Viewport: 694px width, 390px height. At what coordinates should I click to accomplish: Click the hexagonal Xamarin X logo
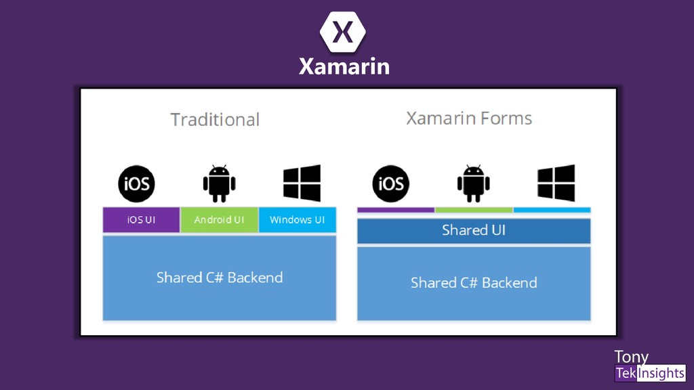343,32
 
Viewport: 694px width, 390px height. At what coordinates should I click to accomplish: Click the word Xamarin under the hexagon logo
344,66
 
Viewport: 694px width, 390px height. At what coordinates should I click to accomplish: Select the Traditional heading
215,120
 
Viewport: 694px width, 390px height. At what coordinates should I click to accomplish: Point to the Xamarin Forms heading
469,118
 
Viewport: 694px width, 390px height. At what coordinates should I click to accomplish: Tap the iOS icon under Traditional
136,183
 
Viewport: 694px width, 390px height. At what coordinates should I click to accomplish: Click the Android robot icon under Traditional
219,183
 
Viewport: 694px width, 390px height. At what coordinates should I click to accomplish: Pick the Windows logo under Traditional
302,183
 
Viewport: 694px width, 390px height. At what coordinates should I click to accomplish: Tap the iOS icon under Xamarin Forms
390,183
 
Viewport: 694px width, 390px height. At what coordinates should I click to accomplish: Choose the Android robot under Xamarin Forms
473,183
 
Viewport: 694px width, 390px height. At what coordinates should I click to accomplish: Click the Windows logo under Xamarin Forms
556,183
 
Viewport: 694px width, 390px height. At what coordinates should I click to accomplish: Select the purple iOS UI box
141,220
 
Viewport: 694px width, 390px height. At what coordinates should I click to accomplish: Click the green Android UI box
219,220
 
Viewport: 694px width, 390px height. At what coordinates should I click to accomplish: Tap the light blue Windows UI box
297,220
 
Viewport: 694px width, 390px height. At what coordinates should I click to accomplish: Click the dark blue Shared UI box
474,231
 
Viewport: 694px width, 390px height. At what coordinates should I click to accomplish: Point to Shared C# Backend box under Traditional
219,278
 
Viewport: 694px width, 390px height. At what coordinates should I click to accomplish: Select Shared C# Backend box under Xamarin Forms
474,283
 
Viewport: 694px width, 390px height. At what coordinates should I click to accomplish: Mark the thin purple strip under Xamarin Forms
396,210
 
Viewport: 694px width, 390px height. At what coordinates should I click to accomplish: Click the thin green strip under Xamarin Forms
474,210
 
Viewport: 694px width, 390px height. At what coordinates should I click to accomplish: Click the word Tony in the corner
630,357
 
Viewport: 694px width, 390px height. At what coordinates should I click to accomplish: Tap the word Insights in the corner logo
661,373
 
